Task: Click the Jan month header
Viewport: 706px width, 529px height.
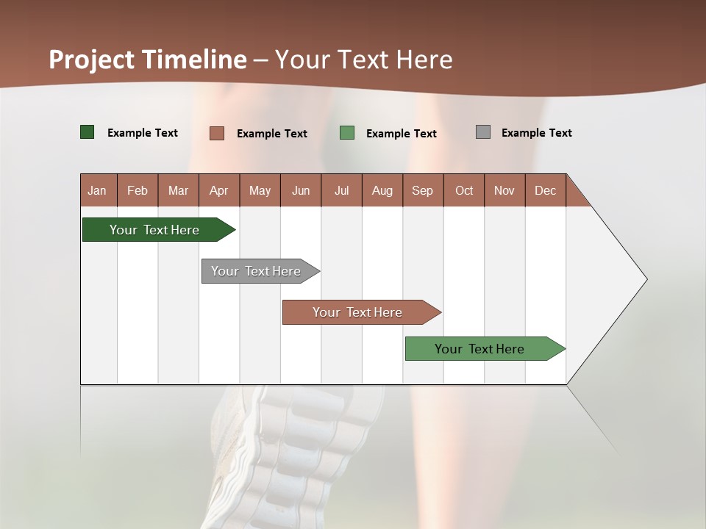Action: tap(98, 190)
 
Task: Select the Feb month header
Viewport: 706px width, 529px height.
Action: tap(138, 190)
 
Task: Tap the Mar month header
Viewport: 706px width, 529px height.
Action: tap(178, 190)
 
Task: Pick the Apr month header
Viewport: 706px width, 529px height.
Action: tap(219, 190)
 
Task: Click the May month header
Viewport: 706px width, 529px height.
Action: tap(260, 190)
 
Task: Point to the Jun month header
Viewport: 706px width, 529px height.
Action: tap(301, 190)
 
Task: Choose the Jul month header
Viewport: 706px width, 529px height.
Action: tap(341, 190)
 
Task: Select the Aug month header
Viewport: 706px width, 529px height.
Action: tap(382, 190)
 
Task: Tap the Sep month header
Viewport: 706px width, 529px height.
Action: tap(423, 190)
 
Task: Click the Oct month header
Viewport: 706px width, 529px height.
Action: tap(464, 190)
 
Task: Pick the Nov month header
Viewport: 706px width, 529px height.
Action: tap(504, 190)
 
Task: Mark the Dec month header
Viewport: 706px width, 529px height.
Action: tap(546, 190)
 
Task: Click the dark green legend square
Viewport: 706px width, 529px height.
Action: tap(88, 132)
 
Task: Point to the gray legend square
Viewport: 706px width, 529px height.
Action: tap(483, 132)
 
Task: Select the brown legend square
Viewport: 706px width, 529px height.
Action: tap(217, 133)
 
